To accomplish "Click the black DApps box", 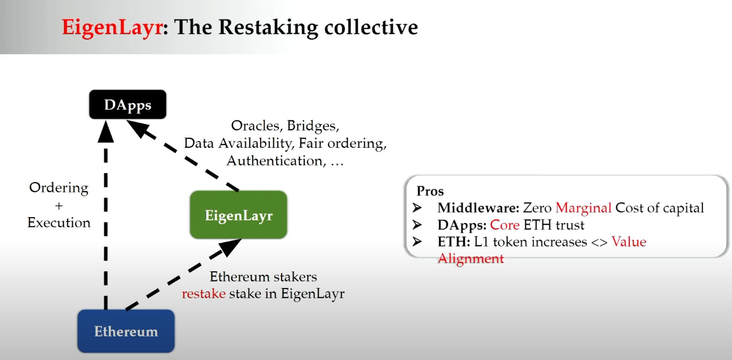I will click(127, 105).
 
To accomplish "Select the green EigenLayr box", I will click(239, 215).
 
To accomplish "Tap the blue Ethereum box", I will click(126, 331).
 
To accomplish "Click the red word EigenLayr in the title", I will click(112, 26).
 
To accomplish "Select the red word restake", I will click(203, 294).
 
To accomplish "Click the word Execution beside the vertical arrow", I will click(59, 222).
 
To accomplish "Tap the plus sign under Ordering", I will click(59, 205).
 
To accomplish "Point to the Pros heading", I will click(430, 191).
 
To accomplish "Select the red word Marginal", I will click(583, 208).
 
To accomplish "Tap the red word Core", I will click(505, 225).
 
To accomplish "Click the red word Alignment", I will click(470, 259).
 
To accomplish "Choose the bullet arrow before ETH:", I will click(418, 242).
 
